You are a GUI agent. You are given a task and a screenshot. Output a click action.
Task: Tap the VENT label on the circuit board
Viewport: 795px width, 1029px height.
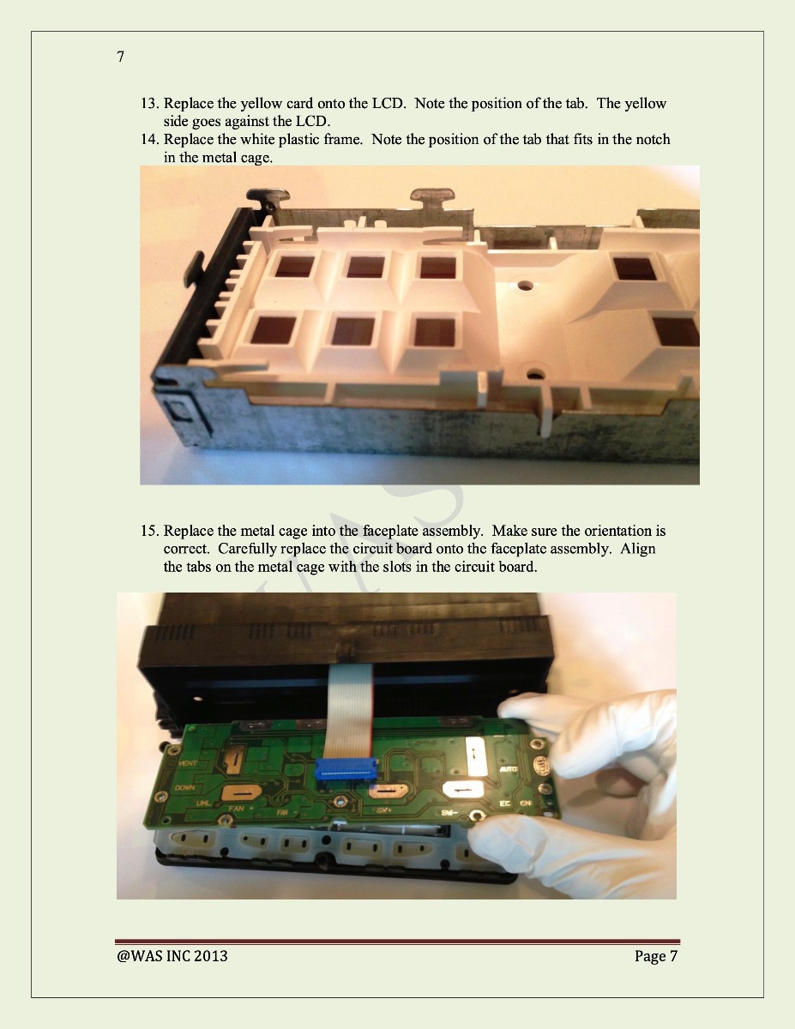pos(188,763)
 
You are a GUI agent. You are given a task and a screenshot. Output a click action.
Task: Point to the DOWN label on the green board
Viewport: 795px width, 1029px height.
pos(185,787)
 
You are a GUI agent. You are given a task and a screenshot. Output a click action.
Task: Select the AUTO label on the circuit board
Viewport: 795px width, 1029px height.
pos(509,769)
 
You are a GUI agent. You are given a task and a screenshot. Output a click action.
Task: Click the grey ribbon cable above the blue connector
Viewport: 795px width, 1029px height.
pos(348,710)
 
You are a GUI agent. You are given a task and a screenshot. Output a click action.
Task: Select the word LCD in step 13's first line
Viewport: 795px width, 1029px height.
pos(388,103)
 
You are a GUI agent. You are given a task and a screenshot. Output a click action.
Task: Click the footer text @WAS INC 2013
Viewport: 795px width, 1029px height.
pos(172,956)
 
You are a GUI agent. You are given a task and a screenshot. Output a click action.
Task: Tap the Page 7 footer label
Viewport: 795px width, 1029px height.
pos(656,957)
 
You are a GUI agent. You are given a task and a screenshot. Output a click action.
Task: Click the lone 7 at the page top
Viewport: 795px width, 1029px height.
pos(121,57)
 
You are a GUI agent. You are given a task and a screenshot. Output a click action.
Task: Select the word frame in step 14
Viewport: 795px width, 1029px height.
pos(343,139)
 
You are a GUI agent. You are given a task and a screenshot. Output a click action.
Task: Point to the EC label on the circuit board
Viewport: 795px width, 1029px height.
pos(505,803)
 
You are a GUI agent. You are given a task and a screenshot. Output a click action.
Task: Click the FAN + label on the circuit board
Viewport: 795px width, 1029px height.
pos(241,808)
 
